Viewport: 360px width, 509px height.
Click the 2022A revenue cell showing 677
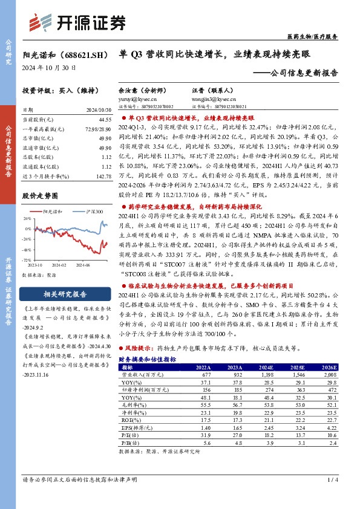[203, 375]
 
